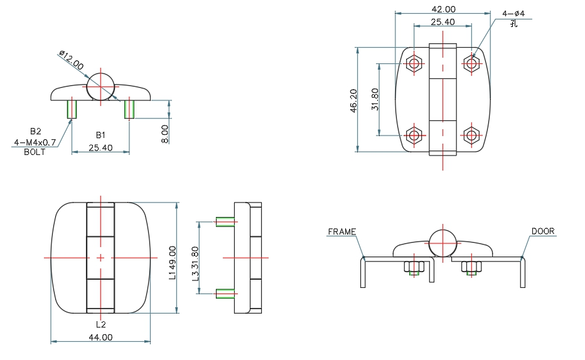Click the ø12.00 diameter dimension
pos(71,61)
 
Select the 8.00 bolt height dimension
pos(164,134)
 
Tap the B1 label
pos(100,135)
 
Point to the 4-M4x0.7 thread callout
pos(35,143)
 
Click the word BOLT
pos(35,152)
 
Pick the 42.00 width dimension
pos(443,9)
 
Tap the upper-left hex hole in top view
pos(414,63)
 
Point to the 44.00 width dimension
pos(100,337)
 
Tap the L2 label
pos(100,324)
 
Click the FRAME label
pos(341,231)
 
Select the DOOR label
pos(543,231)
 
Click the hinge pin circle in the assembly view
pos(443,243)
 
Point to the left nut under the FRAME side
pos(414,267)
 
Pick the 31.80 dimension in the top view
pos(375,98)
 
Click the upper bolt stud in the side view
pos(225,221)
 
